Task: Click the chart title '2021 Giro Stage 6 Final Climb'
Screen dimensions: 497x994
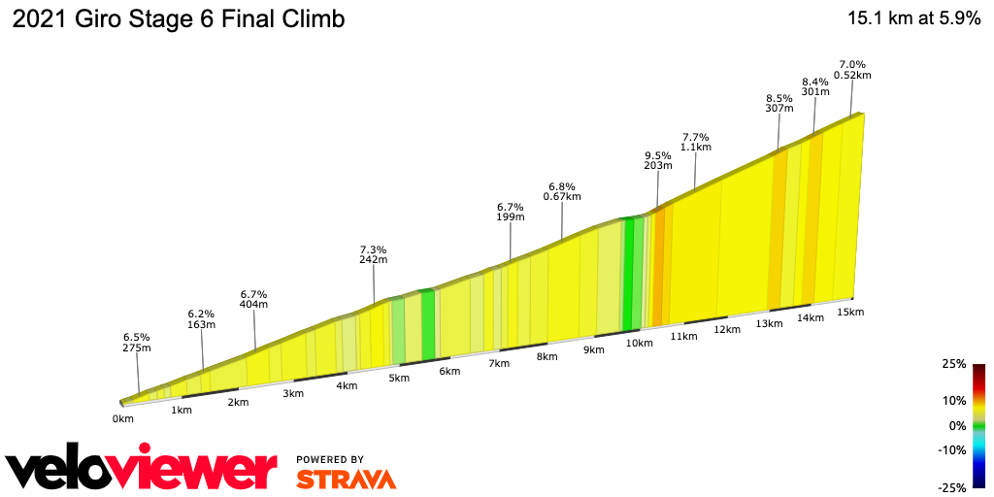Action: pyautogui.click(x=178, y=18)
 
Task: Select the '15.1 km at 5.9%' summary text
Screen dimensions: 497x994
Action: pyautogui.click(x=913, y=18)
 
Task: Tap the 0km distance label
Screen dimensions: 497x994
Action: pyautogui.click(x=122, y=419)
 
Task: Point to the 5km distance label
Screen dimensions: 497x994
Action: pyautogui.click(x=398, y=378)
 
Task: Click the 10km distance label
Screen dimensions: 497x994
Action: pyautogui.click(x=639, y=343)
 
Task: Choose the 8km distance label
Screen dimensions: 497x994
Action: pyautogui.click(x=547, y=356)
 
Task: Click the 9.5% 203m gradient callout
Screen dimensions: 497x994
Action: pyautogui.click(x=658, y=160)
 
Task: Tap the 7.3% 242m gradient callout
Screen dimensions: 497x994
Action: pyautogui.click(x=374, y=254)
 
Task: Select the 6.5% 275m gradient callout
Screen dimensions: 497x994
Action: pyautogui.click(x=137, y=341)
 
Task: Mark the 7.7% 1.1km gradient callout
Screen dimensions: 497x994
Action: pyautogui.click(x=696, y=142)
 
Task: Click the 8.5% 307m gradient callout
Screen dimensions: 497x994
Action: pyautogui.click(x=779, y=103)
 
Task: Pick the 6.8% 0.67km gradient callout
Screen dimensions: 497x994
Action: pyautogui.click(x=562, y=190)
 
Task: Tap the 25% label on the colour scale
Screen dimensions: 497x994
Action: pyautogui.click(x=954, y=364)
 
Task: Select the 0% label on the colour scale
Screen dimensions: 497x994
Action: pyautogui.click(x=957, y=425)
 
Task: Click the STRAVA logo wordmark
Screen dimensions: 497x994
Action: pyautogui.click(x=346, y=479)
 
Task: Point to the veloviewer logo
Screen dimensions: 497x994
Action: pyautogui.click(x=142, y=471)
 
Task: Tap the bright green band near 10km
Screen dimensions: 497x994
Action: pyautogui.click(x=628, y=274)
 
